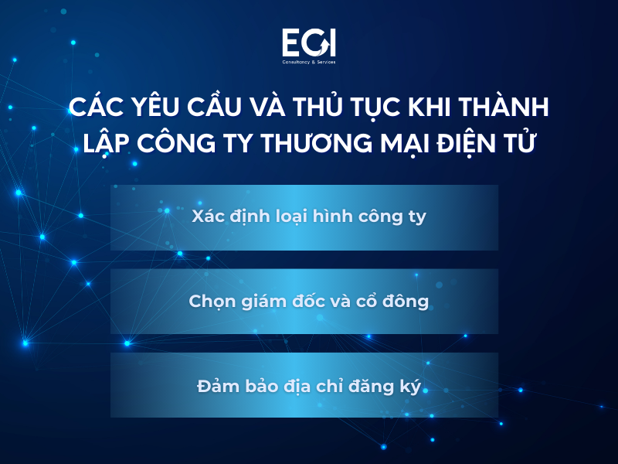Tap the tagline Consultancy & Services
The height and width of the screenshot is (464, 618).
click(308, 62)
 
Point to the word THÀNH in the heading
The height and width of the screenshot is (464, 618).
click(508, 107)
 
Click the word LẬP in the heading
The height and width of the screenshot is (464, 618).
click(100, 143)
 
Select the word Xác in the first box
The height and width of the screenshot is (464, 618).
click(208, 217)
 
